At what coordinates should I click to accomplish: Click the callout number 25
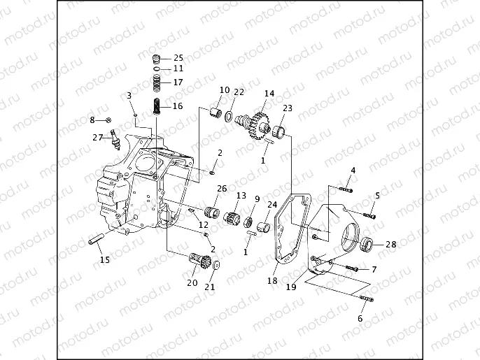tap(178, 57)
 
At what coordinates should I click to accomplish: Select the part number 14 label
tap(269, 94)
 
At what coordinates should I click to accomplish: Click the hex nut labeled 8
tap(109, 120)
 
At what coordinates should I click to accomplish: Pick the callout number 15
tap(104, 260)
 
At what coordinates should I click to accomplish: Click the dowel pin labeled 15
tap(97, 243)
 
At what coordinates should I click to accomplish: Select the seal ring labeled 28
tap(367, 244)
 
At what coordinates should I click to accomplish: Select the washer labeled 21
tap(216, 266)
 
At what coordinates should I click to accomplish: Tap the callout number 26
tap(222, 189)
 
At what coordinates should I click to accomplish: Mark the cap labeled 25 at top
tap(158, 57)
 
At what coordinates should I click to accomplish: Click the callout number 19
tap(290, 287)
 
